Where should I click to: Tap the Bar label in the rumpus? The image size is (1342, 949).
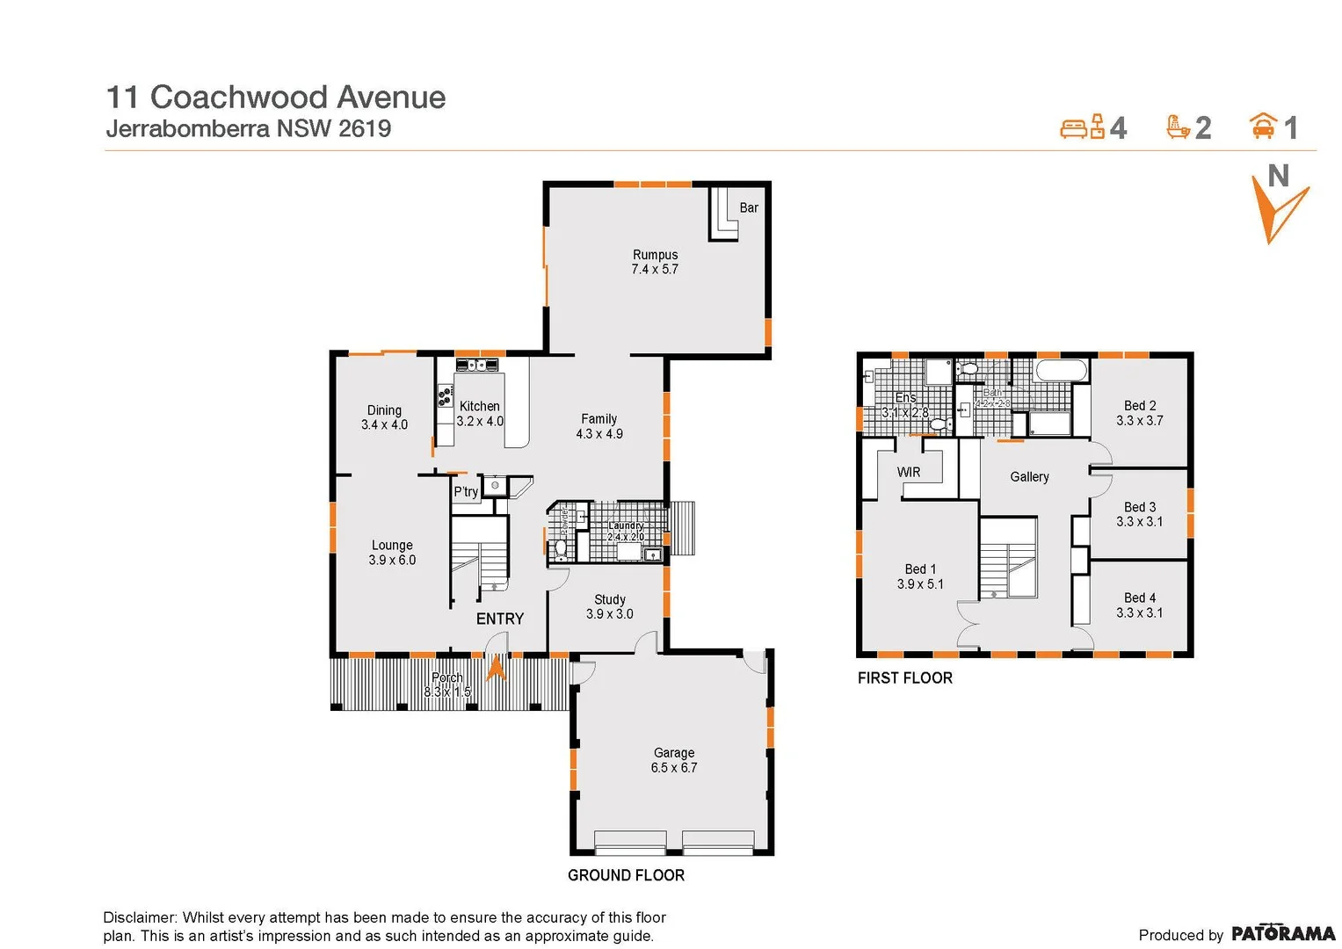pyautogui.click(x=749, y=208)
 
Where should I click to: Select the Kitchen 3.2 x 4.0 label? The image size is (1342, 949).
pyautogui.click(x=480, y=414)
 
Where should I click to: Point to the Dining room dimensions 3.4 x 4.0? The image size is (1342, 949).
pyautogui.click(x=384, y=425)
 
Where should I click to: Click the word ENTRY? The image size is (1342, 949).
pyautogui.click(x=499, y=619)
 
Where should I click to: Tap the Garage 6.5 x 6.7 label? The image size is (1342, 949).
pyautogui.click(x=674, y=760)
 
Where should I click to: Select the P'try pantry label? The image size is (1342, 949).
pyautogui.click(x=466, y=492)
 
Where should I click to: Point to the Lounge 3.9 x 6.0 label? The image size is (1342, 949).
pyautogui.click(x=392, y=553)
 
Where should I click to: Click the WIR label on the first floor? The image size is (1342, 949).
pyautogui.click(x=909, y=473)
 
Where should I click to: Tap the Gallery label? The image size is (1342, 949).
pyautogui.click(x=1029, y=477)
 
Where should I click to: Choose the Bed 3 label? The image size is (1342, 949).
pyautogui.click(x=1140, y=507)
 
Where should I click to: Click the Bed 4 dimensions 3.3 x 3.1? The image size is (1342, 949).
pyautogui.click(x=1140, y=613)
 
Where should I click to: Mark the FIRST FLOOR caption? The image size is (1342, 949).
pyautogui.click(x=905, y=678)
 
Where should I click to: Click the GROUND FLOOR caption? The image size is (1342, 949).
pyautogui.click(x=626, y=875)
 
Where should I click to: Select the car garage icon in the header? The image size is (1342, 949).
pyautogui.click(x=1263, y=127)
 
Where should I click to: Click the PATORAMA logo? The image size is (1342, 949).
pyautogui.click(x=1282, y=933)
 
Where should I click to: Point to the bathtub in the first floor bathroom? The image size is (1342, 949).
pyautogui.click(x=1062, y=370)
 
